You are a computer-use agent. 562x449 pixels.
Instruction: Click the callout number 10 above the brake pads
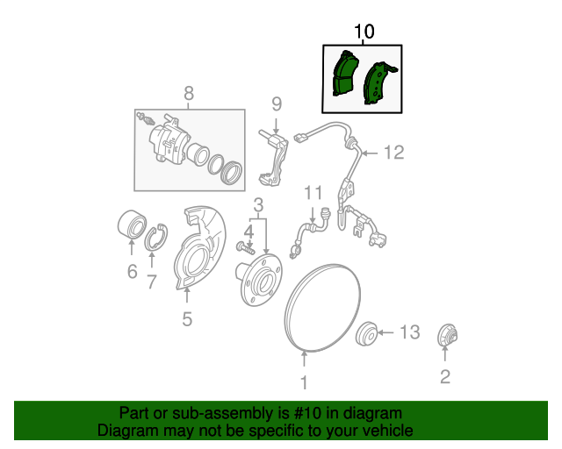[x=364, y=32]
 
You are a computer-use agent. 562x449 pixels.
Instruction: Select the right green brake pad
[x=381, y=83]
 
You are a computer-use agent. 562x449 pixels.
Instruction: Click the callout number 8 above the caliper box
[x=188, y=94]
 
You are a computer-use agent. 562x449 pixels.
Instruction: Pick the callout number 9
[x=276, y=104]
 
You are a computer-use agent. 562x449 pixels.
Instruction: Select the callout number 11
[x=313, y=192]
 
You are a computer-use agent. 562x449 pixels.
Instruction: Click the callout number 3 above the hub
[x=259, y=206]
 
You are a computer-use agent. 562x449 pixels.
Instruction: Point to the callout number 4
[x=249, y=232]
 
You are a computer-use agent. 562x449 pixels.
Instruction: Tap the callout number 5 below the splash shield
[x=187, y=319]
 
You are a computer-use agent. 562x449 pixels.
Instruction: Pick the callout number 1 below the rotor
[x=305, y=381]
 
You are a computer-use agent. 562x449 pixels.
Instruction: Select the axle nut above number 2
[x=446, y=335]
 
